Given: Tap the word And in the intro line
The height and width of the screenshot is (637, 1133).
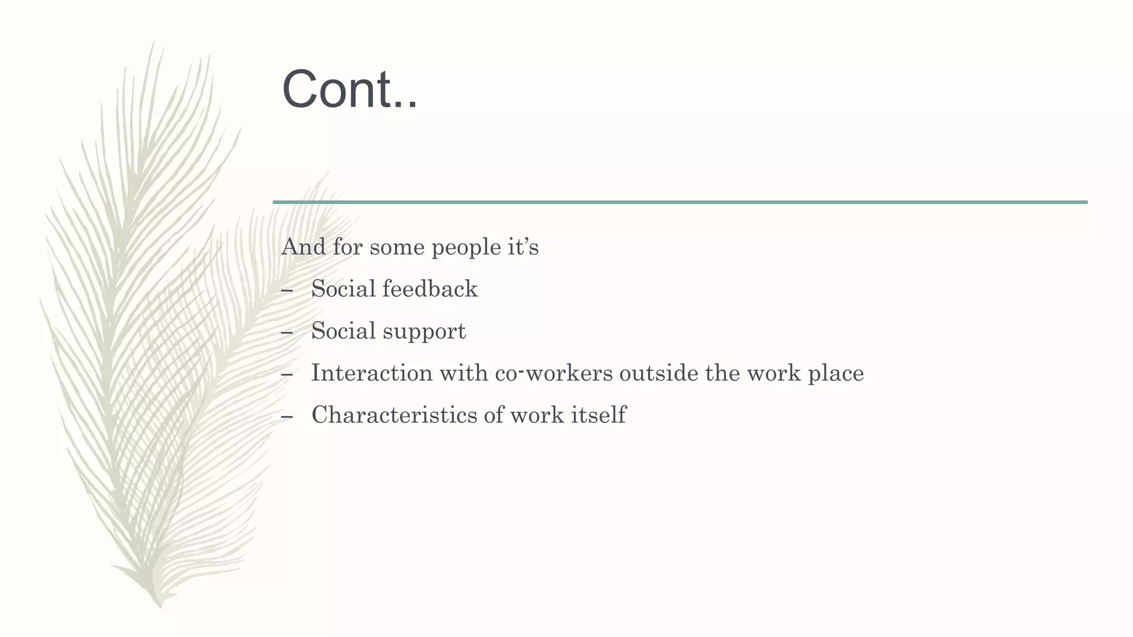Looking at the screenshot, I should pyautogui.click(x=303, y=247).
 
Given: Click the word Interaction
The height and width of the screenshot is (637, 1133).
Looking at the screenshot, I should pyautogui.click(x=372, y=373).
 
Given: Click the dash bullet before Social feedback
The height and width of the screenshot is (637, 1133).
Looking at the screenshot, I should pyautogui.click(x=287, y=290).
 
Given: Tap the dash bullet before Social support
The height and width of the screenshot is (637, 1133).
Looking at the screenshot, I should pyautogui.click(x=287, y=332).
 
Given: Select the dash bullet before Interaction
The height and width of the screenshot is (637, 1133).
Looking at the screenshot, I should pyautogui.click(x=287, y=374).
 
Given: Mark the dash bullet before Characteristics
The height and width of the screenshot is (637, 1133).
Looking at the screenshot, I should pyautogui.click(x=287, y=416).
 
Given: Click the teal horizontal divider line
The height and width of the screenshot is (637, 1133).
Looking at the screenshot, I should pyautogui.click(x=680, y=202).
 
